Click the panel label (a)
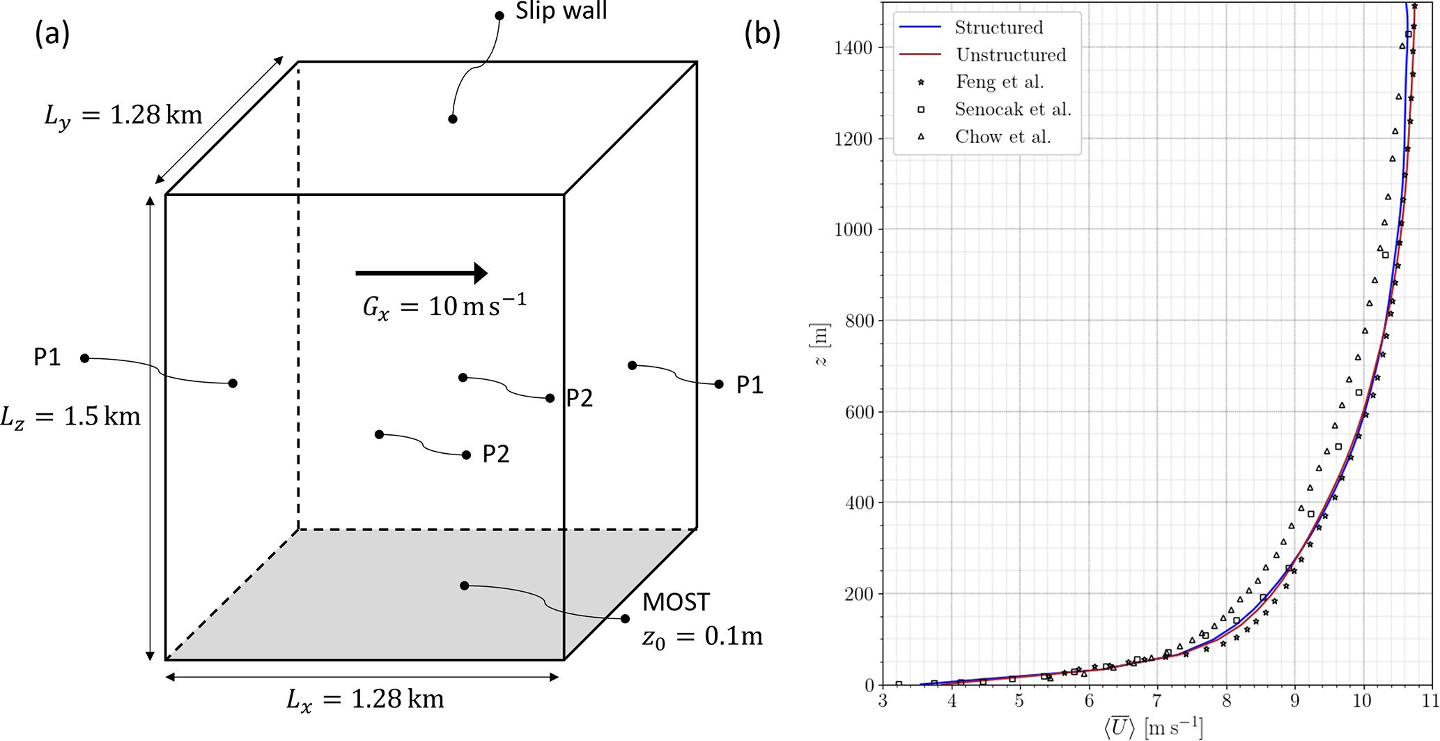point(52,33)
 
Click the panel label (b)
point(762,33)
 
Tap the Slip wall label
point(561,11)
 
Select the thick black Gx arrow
point(421,273)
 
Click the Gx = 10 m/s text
point(444,305)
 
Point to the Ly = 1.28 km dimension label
point(123,115)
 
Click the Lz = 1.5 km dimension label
point(70,417)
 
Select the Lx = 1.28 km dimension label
point(365,699)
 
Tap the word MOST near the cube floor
point(676,602)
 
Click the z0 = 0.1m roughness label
point(702,636)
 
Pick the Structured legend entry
point(998,27)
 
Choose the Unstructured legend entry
point(1010,54)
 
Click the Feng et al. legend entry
point(999,82)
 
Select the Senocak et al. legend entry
point(1012,109)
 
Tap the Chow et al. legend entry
point(1002,137)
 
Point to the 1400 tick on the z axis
point(853,47)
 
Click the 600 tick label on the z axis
point(858,412)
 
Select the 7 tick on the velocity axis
point(1157,701)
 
